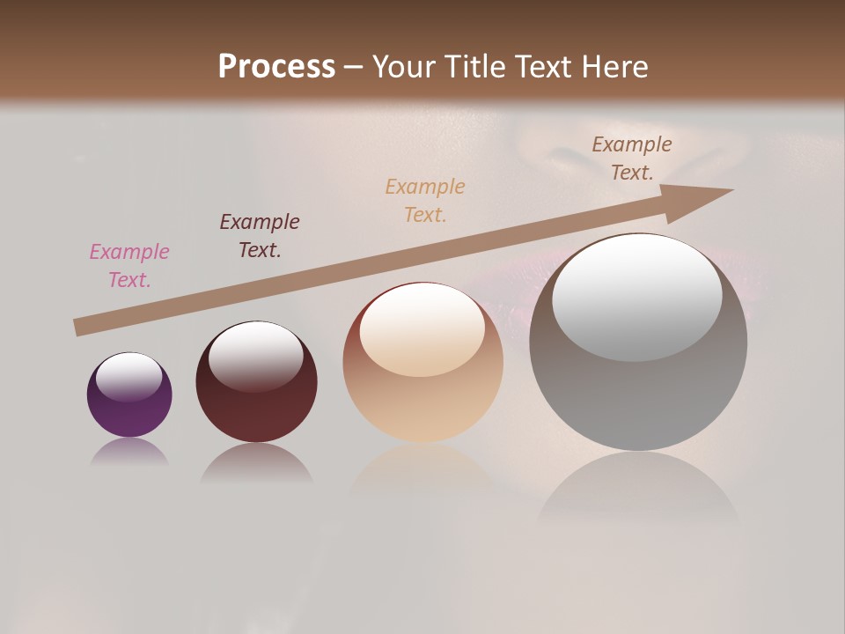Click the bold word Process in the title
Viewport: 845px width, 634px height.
[x=276, y=67]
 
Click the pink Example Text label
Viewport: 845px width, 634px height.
[x=129, y=265]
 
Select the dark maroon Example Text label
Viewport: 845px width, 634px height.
[x=260, y=235]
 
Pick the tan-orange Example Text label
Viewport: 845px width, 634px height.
[x=425, y=200]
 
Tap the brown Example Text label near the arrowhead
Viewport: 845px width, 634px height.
[x=632, y=158]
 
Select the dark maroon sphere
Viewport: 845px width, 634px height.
[x=256, y=409]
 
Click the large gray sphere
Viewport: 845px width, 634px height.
[x=638, y=396]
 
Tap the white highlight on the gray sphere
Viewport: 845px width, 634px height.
[x=637, y=296]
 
